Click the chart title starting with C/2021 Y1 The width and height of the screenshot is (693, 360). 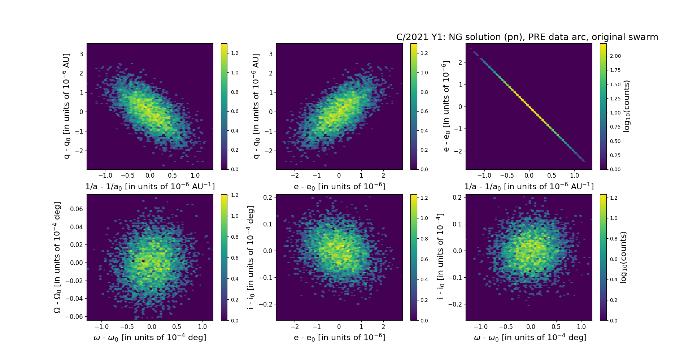pyautogui.click(x=527, y=37)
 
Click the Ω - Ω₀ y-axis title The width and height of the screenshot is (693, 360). pyautogui.click(x=57, y=257)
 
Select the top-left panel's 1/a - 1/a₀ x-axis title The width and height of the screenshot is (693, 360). pyautogui.click(x=150, y=187)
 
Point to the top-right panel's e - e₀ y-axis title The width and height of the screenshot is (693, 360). pyautogui.click(x=446, y=106)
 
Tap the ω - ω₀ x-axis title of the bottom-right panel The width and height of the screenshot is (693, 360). pyautogui.click(x=530, y=338)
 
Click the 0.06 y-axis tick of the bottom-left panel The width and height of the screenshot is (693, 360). pyautogui.click(x=77, y=209)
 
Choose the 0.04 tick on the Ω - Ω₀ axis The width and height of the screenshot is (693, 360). pyautogui.click(x=77, y=227)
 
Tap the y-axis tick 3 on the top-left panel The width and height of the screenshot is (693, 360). pyautogui.click(x=81, y=54)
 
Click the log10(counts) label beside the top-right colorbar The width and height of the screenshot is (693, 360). pyautogui.click(x=627, y=106)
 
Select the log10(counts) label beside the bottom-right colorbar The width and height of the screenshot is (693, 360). pyautogui.click(x=623, y=257)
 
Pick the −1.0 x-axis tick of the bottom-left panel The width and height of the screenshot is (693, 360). pyautogui.click(x=101, y=327)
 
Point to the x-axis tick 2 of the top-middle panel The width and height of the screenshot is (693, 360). pyautogui.click(x=383, y=175)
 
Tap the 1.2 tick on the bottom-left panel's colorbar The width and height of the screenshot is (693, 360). pyautogui.click(x=235, y=195)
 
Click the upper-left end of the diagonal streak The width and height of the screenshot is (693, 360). pyautogui.click(x=474, y=52)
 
